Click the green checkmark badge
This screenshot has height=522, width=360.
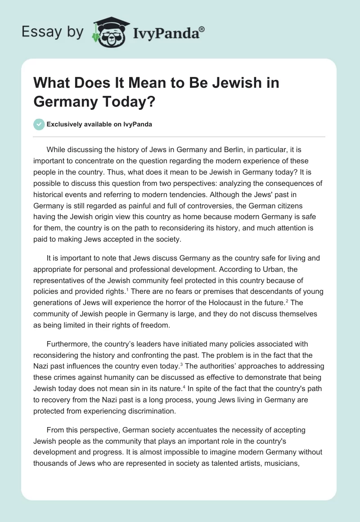pos(40,124)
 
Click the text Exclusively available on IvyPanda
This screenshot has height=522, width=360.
pos(99,125)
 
